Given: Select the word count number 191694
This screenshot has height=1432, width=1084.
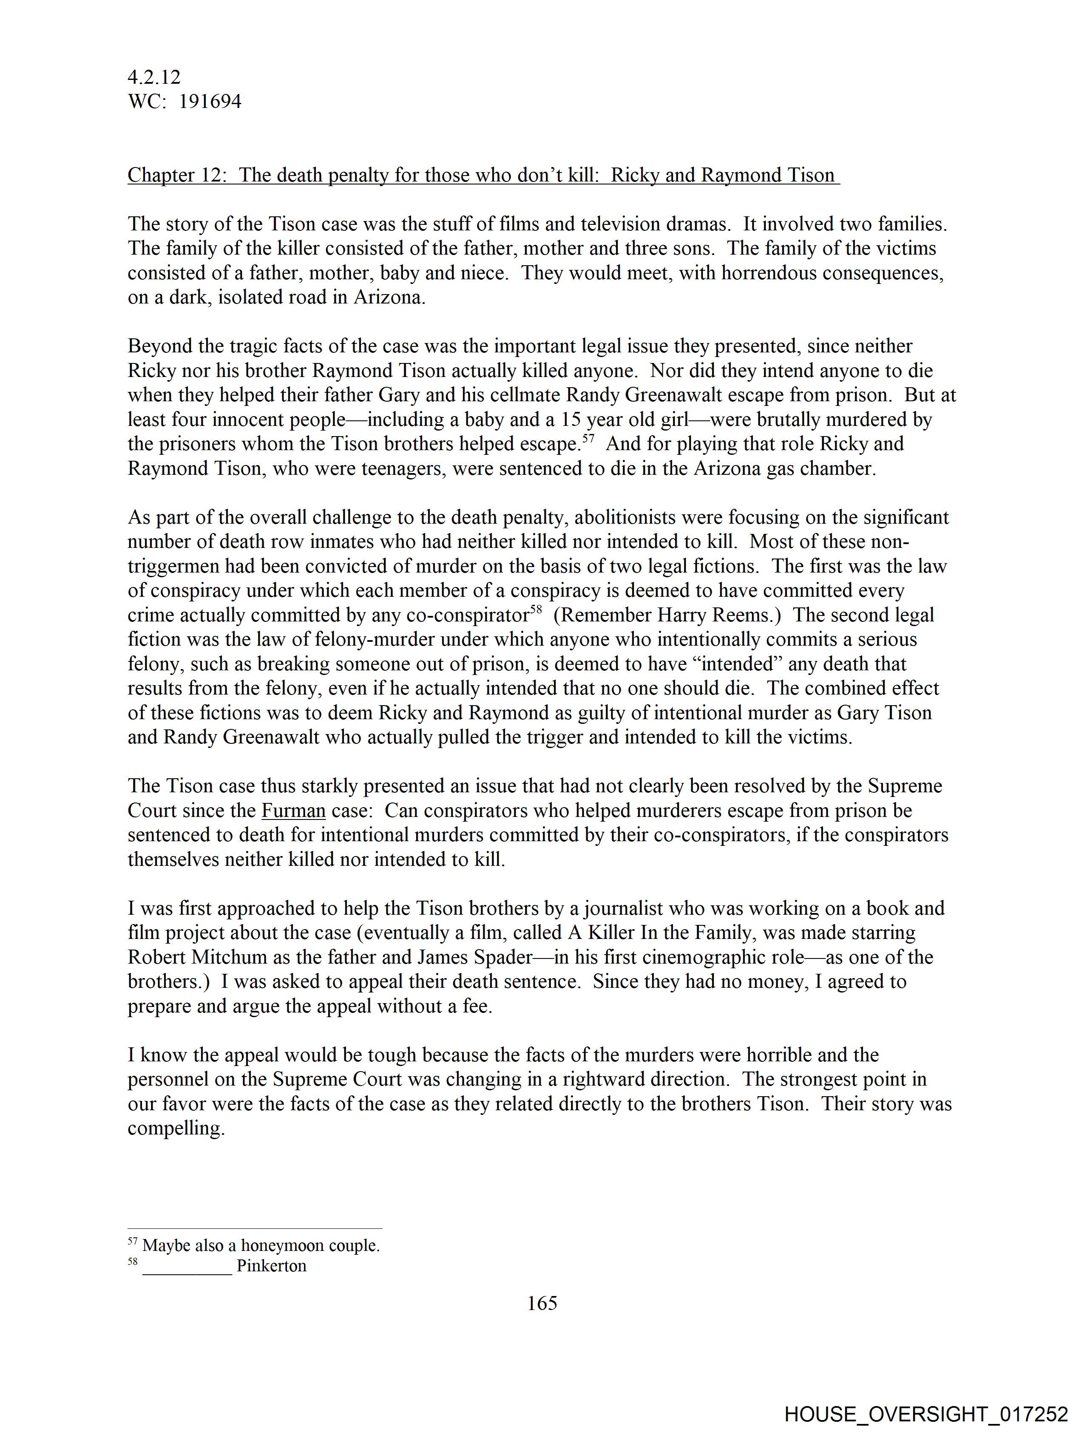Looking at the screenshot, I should coord(210,102).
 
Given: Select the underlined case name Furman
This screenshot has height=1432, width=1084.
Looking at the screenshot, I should coord(293,811).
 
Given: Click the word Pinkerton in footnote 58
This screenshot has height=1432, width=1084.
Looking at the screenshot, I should coord(271,1266).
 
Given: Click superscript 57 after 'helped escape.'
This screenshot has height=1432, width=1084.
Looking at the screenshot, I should coord(587,438).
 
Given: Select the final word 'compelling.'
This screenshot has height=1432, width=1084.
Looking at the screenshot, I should coord(176,1129).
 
